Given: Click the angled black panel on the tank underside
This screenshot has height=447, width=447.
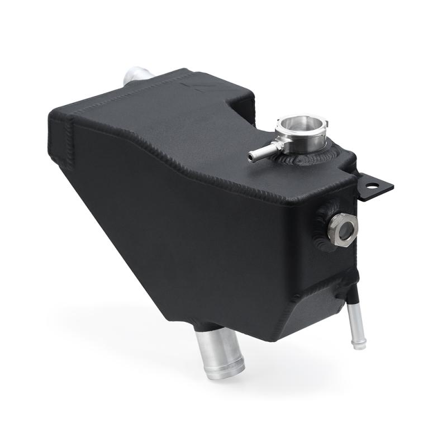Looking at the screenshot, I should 313,313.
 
